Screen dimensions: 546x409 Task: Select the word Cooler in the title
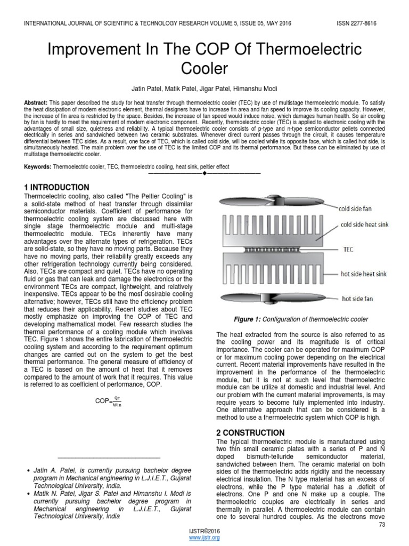[204, 69]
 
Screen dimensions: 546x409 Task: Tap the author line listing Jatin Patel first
[204, 87]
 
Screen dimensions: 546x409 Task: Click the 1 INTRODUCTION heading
[57, 187]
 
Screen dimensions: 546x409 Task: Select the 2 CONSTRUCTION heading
[251, 432]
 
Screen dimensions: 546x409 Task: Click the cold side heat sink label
[365, 224]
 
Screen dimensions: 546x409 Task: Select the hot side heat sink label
[364, 274]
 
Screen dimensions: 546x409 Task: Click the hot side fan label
[357, 299]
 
